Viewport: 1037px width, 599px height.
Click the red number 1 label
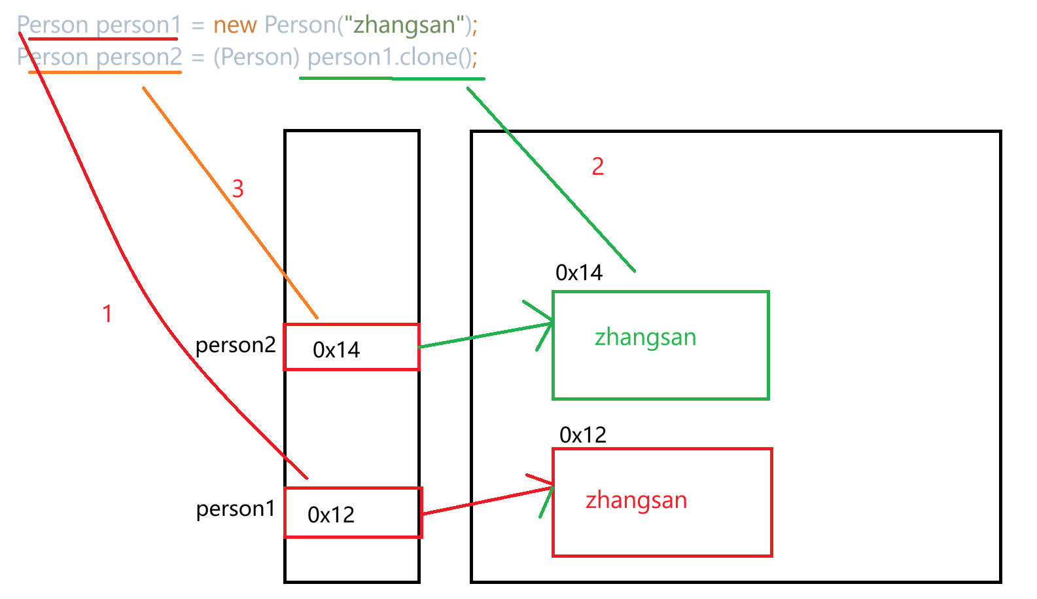(x=107, y=314)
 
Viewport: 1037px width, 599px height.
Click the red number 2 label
(x=597, y=166)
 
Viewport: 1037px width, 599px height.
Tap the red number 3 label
(x=237, y=189)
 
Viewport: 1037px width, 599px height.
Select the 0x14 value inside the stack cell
(x=336, y=350)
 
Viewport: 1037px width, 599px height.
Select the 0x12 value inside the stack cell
(x=331, y=515)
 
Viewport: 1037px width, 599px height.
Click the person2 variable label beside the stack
(x=236, y=345)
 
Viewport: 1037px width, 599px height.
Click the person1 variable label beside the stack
(x=236, y=509)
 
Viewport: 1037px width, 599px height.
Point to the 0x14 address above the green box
(x=579, y=272)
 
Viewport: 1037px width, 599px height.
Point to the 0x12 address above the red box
(x=583, y=435)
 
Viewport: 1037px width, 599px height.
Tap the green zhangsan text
(x=645, y=338)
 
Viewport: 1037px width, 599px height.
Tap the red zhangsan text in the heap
(x=636, y=500)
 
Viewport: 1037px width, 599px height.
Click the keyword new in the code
(x=235, y=25)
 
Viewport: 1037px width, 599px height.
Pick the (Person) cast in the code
(x=256, y=57)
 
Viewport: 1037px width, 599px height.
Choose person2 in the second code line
(x=139, y=57)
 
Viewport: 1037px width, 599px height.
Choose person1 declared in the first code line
(x=138, y=25)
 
